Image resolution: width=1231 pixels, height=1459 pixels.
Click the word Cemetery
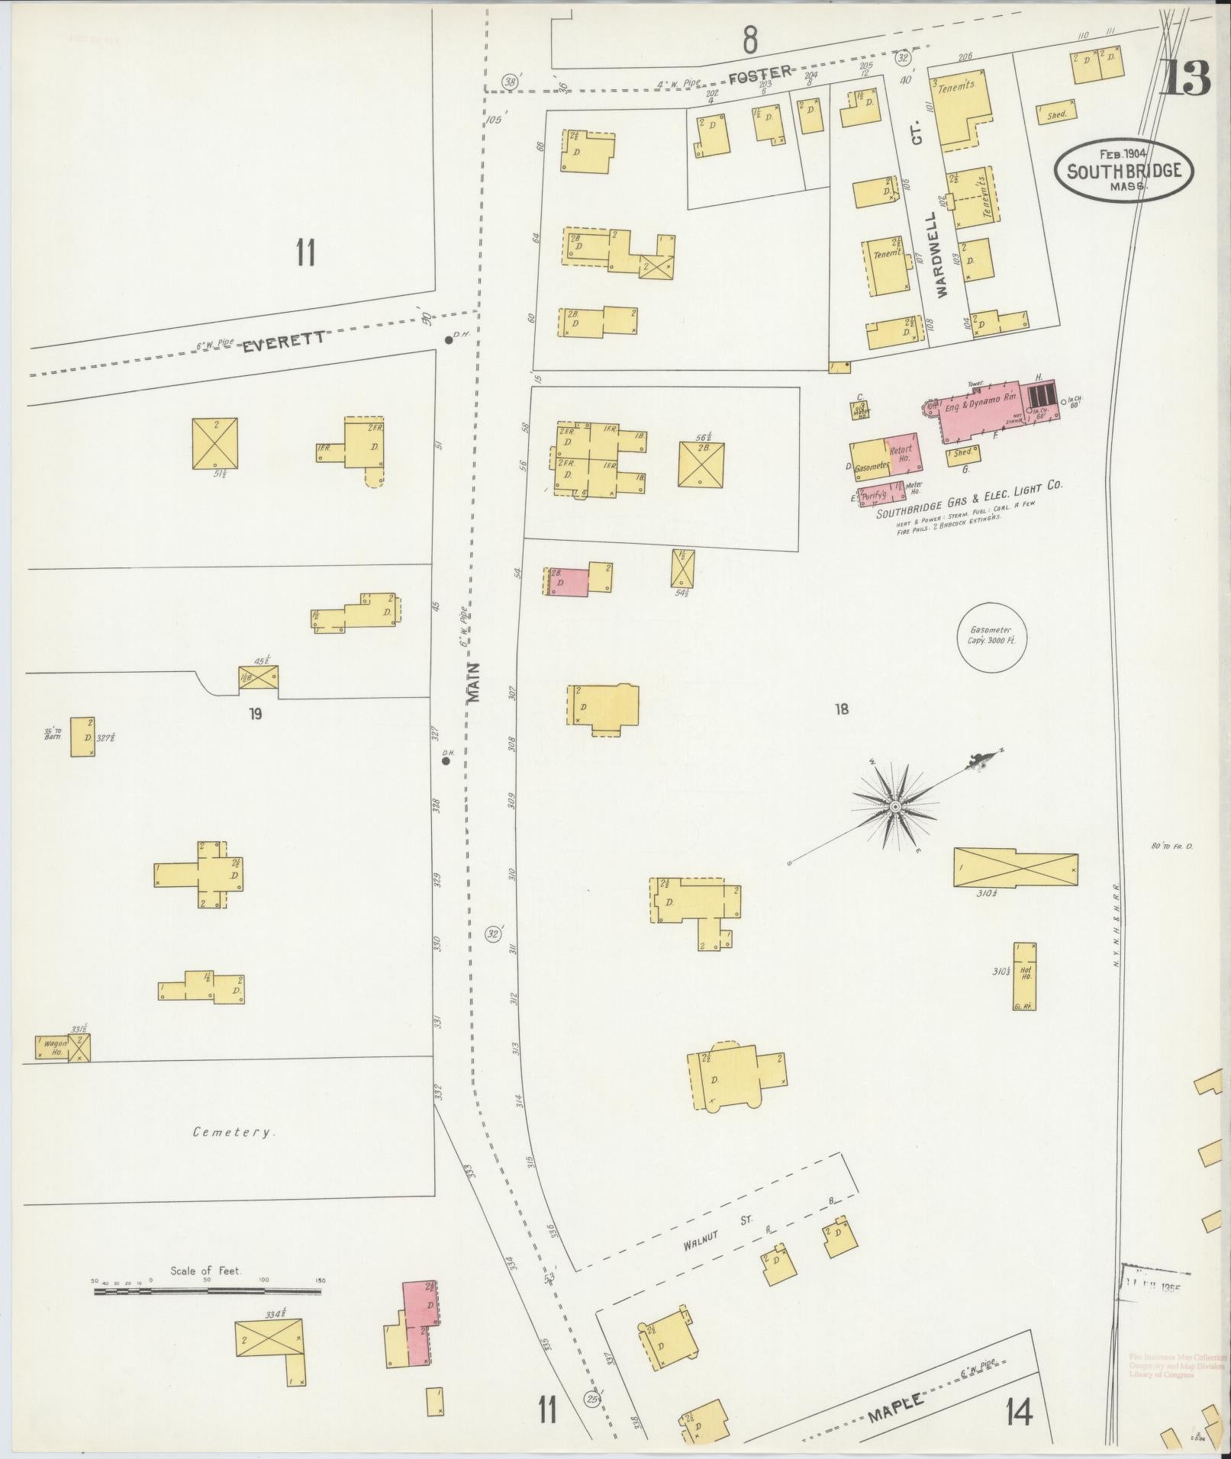(x=231, y=1133)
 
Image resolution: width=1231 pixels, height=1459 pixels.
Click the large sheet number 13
(x=1184, y=79)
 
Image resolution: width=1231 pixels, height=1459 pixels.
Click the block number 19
(x=256, y=714)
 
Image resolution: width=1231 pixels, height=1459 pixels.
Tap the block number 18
(x=842, y=710)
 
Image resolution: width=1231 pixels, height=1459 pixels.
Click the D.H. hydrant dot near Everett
(x=449, y=340)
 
